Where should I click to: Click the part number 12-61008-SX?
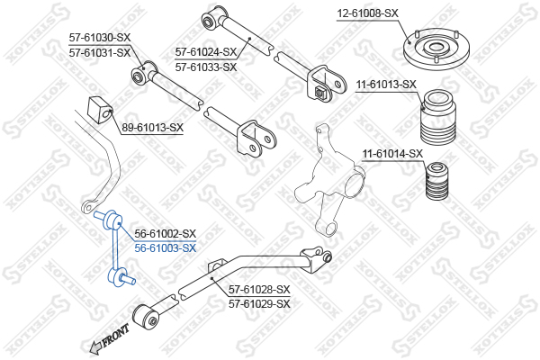(367, 13)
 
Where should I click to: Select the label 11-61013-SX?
(386, 85)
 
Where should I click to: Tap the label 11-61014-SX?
(392, 154)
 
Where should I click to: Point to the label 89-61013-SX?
(152, 128)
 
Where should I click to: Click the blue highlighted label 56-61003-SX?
(166, 248)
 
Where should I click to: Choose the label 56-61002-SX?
(166, 234)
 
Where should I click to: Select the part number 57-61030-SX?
(100, 38)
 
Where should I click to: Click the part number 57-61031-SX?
(100, 53)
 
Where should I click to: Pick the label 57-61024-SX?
(206, 52)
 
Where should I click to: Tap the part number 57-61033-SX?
(206, 67)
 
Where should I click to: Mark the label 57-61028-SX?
(259, 290)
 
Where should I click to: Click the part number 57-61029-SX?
(259, 304)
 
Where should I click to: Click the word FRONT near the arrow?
(116, 335)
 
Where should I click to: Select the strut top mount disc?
(436, 50)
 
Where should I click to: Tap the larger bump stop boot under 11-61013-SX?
(438, 117)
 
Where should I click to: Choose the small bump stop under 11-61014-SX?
(437, 181)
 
